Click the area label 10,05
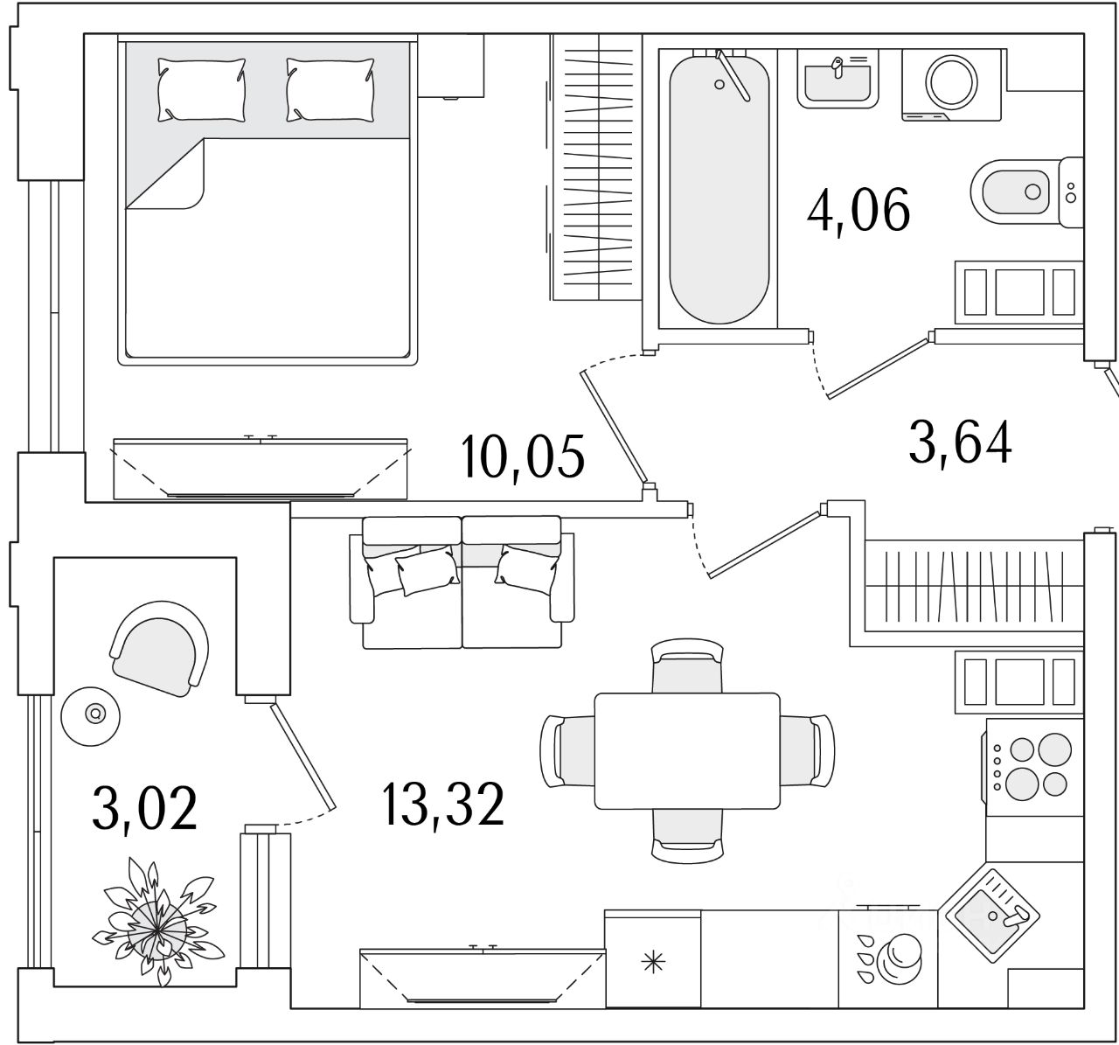pos(522,458)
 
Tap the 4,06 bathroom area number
pos(858,211)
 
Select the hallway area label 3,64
pos(960,443)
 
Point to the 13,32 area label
pos(443,805)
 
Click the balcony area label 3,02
pos(145,810)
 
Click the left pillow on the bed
pos(202,89)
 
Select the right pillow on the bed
pos(330,89)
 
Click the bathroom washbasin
pos(838,80)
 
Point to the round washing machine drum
pos(951,82)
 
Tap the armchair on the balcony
pos(159,648)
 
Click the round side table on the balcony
pos(91,716)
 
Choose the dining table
pos(687,751)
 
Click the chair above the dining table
pos(687,665)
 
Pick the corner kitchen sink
pos(993,916)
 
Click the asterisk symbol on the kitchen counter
pos(654,962)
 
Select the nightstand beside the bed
pos(451,66)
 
